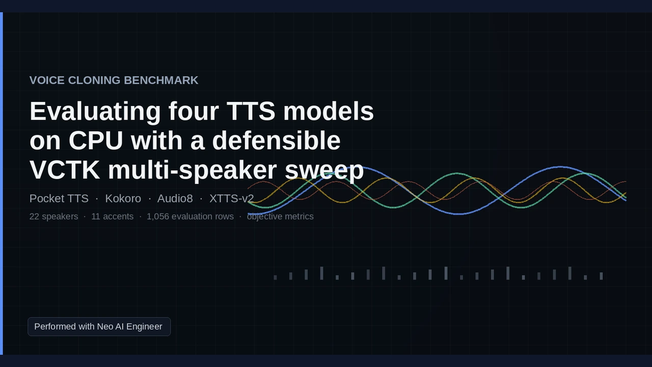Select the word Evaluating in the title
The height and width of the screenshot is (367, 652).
[95, 112]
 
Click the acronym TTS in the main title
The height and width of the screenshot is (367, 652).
[251, 111]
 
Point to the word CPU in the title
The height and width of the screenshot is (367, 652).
[96, 140]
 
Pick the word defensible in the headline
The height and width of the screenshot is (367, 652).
[276, 140]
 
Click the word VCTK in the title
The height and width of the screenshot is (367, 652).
[65, 170]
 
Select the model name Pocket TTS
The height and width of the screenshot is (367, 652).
[59, 199]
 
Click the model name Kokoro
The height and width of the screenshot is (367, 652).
[123, 199]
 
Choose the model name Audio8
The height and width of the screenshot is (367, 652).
[175, 199]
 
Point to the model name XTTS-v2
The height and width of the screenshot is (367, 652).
[232, 199]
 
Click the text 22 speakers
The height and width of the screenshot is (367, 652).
[53, 217]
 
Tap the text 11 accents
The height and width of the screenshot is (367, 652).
[113, 217]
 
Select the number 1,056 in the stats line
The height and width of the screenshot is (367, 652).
[158, 217]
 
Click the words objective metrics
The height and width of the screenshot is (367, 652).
[280, 217]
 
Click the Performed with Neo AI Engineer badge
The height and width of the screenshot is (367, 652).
[99, 327]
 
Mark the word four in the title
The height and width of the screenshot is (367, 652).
[194, 111]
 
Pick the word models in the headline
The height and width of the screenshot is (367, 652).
[329, 111]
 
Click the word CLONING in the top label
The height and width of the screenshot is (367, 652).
[94, 81]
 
